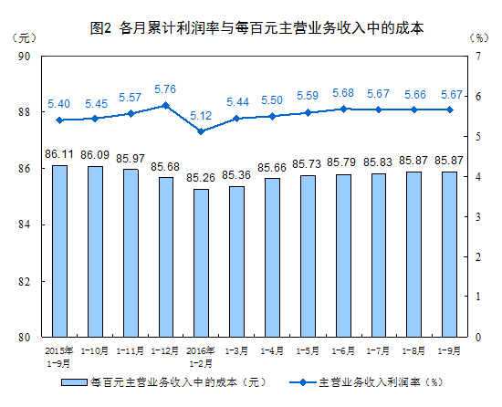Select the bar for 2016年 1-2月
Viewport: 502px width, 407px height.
tap(201, 263)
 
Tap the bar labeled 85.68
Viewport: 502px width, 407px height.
tap(165, 256)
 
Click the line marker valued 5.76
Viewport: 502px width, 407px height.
tap(165, 105)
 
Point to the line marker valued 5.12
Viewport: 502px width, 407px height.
tap(201, 131)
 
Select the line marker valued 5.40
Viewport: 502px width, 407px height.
tap(59, 120)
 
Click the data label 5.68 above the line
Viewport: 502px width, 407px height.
tap(343, 93)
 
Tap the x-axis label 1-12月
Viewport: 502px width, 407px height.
tap(165, 350)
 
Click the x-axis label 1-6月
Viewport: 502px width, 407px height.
tap(343, 350)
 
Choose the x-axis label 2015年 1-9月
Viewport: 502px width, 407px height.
tap(59, 355)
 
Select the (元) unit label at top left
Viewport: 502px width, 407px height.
tap(26, 39)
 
